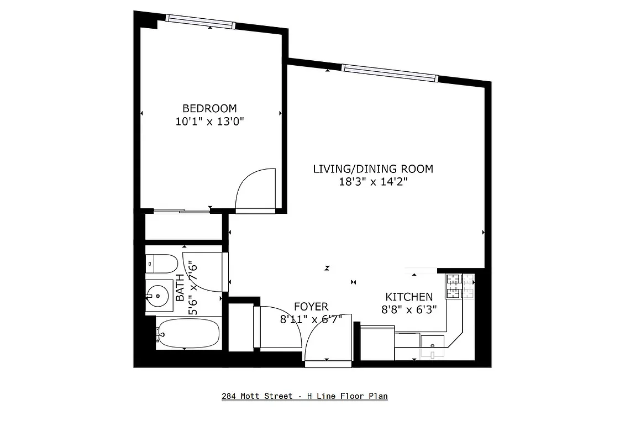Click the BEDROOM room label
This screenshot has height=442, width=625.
point(209,108)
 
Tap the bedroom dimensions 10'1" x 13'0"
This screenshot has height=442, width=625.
point(209,122)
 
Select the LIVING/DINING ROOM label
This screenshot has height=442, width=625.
point(373,169)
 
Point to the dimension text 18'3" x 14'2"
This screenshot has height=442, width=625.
point(373,182)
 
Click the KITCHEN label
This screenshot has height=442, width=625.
point(409,297)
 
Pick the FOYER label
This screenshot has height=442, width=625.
point(311,306)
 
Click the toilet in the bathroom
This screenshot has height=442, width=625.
point(161,263)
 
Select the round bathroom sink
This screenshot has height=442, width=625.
point(158,296)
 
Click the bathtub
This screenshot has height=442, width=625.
point(187,333)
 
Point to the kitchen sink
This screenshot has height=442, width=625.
point(432,346)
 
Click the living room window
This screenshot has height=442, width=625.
point(390,72)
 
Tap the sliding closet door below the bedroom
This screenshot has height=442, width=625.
point(182,211)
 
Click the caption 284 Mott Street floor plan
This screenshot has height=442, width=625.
point(304,396)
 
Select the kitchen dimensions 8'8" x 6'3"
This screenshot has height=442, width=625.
point(409,310)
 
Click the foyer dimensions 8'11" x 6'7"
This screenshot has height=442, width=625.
point(311,319)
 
